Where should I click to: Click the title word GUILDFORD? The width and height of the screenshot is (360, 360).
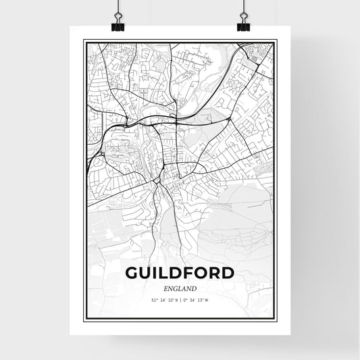(x=180, y=273)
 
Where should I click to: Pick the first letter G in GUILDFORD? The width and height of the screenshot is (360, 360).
(x=132, y=273)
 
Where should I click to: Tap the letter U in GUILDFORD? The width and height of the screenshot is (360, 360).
(x=146, y=273)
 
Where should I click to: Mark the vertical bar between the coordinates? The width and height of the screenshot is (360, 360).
(x=180, y=301)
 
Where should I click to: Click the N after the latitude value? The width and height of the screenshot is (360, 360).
(x=176, y=301)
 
